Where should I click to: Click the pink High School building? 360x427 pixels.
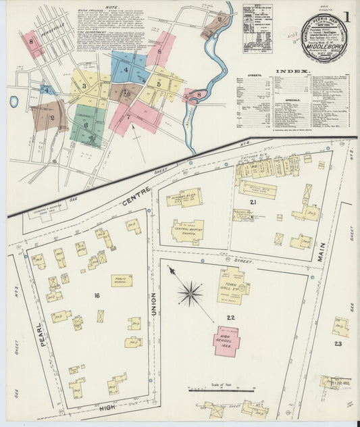(227, 342)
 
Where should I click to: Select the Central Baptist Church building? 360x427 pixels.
(187, 230)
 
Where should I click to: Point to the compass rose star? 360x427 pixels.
(190, 294)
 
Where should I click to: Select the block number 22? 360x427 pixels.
(230, 318)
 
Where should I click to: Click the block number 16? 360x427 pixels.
(97, 295)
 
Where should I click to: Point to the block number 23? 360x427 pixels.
(338, 344)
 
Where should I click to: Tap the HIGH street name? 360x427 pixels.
(105, 407)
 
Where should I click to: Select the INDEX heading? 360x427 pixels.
(292, 70)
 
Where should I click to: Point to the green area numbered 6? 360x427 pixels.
(86, 124)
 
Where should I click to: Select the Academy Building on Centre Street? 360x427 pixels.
(184, 197)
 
